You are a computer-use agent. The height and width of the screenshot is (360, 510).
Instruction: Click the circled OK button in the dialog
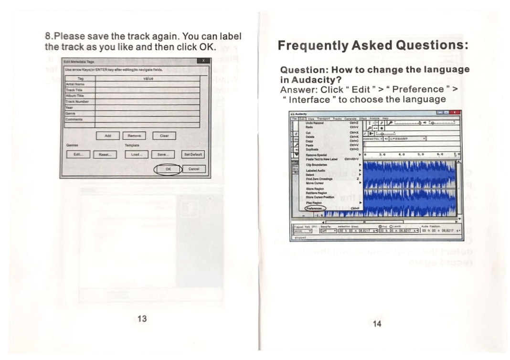[168, 169]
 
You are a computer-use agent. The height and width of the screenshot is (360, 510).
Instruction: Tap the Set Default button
[193, 155]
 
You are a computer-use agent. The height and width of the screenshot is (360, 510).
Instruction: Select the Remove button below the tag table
[134, 136]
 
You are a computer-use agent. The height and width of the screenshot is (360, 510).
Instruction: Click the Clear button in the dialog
[164, 136]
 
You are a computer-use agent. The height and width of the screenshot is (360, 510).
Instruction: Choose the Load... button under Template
[136, 155]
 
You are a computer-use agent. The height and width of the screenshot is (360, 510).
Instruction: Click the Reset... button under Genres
[105, 155]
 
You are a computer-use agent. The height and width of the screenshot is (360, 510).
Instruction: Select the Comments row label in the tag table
[74, 119]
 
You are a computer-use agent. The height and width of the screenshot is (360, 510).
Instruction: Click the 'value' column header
[148, 78]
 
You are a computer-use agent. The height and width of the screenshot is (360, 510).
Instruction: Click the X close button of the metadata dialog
[203, 61]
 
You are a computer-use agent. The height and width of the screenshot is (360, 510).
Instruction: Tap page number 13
[142, 319]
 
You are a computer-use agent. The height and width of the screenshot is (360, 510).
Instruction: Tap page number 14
[377, 324]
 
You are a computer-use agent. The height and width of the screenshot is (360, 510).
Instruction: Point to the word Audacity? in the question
[310, 79]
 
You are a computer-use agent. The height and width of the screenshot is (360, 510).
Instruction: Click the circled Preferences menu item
[315, 208]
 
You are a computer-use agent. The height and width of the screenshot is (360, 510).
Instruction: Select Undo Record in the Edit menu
[315, 123]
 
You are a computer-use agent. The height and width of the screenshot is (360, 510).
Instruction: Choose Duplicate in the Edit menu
[312, 149]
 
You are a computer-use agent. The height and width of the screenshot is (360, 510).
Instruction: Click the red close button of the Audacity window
[457, 112]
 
